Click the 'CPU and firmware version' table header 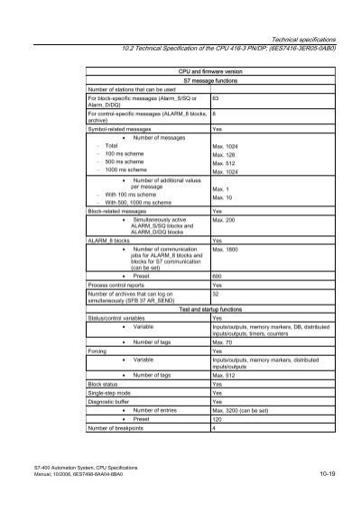[210, 69]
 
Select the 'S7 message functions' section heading [210, 79]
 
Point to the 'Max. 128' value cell [223, 154]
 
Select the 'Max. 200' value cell [226, 219]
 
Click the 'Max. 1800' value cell [227, 249]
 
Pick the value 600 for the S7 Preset [218, 276]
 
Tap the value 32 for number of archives [215, 294]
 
